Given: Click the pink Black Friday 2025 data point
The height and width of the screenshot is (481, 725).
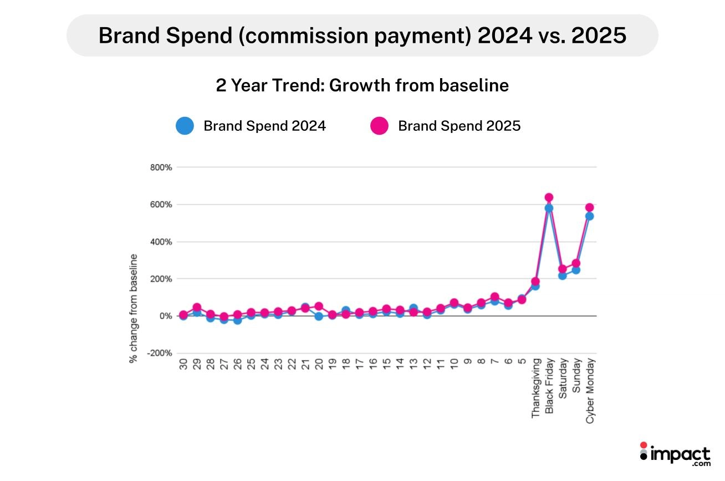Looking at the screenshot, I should [549, 197].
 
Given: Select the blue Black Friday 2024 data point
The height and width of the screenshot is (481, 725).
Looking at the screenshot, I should [549, 208].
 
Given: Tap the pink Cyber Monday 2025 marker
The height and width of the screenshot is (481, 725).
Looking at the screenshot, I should [589, 207].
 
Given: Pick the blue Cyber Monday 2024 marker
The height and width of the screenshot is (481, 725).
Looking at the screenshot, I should [589, 216].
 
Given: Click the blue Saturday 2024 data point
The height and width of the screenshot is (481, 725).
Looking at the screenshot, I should [562, 275].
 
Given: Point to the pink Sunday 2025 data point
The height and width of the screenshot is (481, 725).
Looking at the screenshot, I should [576, 263].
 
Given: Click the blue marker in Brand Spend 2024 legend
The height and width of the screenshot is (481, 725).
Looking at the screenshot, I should [185, 126].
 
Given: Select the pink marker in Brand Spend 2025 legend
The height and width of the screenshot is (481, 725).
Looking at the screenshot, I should [379, 126].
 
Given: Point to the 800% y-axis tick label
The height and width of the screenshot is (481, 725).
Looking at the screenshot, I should [161, 167].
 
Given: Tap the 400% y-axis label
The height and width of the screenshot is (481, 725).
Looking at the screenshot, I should [161, 242].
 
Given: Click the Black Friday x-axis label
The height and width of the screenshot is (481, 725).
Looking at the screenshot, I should [549, 386].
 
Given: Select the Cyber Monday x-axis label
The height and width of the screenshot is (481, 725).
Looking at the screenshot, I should [590, 390].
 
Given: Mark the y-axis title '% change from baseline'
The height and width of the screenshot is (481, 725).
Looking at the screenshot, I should [134, 308].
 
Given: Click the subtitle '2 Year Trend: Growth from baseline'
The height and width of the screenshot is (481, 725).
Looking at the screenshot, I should [362, 86].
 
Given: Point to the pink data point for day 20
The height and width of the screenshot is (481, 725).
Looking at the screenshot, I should [319, 306].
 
